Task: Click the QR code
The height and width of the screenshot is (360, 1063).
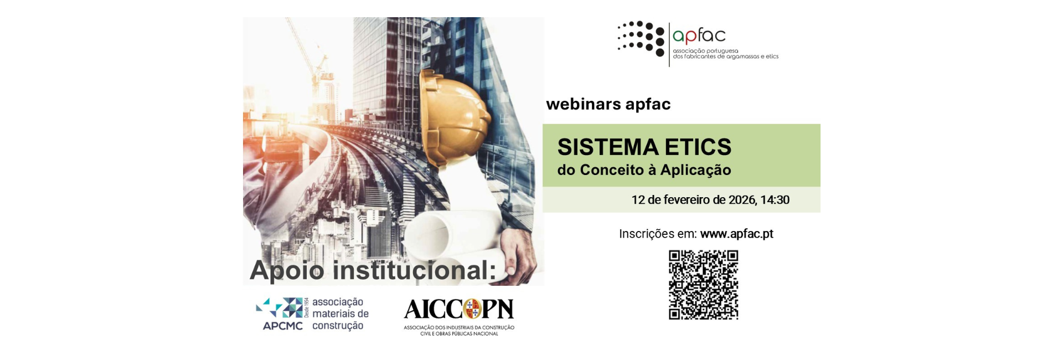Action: [703, 285]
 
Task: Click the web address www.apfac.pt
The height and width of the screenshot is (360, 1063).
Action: [736, 234]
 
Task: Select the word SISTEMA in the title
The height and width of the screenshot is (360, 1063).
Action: [608, 147]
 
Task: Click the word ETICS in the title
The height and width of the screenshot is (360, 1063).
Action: [698, 147]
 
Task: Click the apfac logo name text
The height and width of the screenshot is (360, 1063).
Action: [699, 36]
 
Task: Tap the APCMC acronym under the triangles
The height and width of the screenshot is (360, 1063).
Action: [282, 326]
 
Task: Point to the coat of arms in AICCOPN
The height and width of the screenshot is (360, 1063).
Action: [472, 309]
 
